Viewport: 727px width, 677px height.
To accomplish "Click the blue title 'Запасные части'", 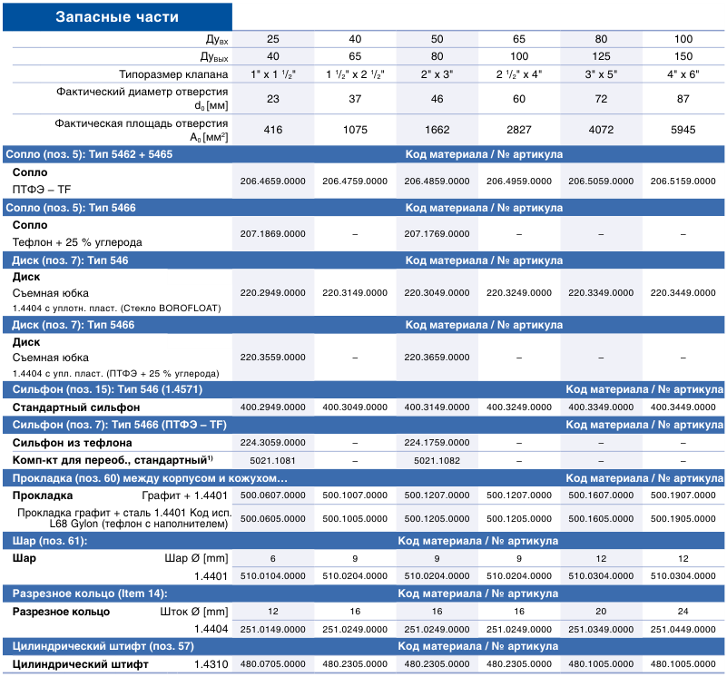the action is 117,16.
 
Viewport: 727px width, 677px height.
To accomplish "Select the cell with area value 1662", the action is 437,130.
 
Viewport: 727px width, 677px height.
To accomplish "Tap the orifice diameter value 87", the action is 683,99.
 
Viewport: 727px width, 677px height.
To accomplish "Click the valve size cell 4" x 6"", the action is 683,74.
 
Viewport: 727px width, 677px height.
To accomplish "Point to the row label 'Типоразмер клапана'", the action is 173,74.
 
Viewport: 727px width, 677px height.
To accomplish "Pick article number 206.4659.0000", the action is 272,182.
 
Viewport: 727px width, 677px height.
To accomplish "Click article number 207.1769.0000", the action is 437,234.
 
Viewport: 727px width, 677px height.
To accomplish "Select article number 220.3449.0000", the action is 683,293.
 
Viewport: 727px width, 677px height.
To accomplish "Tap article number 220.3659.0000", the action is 437,358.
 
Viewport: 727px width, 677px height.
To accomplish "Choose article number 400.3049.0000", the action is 355,407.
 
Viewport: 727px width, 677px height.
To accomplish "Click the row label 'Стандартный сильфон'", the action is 76,407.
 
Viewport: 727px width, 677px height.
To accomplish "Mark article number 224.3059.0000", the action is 272,443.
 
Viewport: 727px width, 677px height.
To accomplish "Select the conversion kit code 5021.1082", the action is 437,461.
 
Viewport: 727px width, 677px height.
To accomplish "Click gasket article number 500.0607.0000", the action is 272,495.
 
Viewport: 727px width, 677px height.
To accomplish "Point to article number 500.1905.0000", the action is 683,519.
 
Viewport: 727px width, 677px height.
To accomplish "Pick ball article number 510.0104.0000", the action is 272,576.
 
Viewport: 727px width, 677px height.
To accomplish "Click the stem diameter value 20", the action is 601,612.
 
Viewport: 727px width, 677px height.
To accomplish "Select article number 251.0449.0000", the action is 683,630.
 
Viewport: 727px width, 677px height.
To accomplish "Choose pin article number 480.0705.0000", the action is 272,664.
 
